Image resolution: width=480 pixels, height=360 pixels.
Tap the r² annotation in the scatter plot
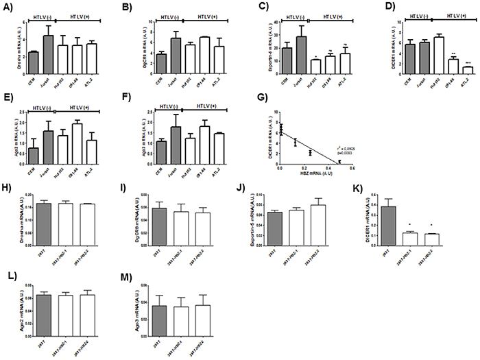coord(337,147)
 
